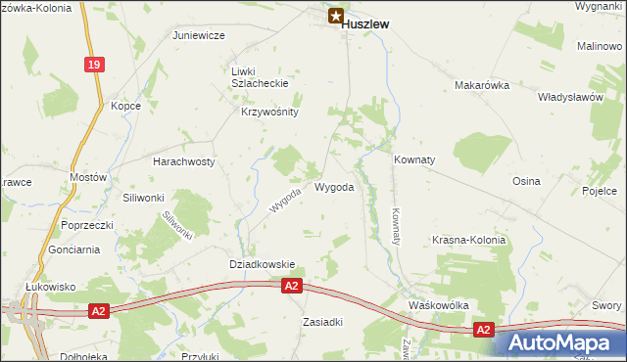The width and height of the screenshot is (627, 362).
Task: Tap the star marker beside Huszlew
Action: (x=336, y=17)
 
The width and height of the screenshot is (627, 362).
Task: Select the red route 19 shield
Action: (x=93, y=65)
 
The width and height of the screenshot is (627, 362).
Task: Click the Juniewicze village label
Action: (x=199, y=35)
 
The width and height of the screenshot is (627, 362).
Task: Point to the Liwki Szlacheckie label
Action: (x=256, y=77)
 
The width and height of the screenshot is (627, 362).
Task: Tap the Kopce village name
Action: (x=125, y=106)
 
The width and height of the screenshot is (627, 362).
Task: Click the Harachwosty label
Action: (x=183, y=161)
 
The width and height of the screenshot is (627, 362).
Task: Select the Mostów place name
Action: (x=87, y=178)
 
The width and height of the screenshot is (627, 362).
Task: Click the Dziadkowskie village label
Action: (x=262, y=264)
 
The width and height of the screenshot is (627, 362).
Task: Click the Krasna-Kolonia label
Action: (x=469, y=240)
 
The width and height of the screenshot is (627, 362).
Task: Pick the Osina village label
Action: (x=526, y=182)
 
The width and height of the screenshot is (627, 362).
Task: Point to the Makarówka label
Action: (x=483, y=86)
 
